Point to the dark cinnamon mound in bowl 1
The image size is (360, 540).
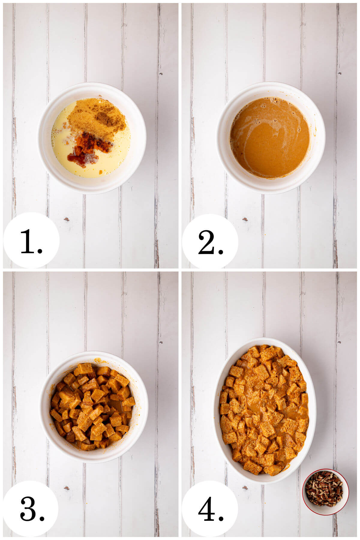pos(104,119)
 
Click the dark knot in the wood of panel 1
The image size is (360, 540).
pos(66,219)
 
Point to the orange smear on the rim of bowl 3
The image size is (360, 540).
pos(99,360)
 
